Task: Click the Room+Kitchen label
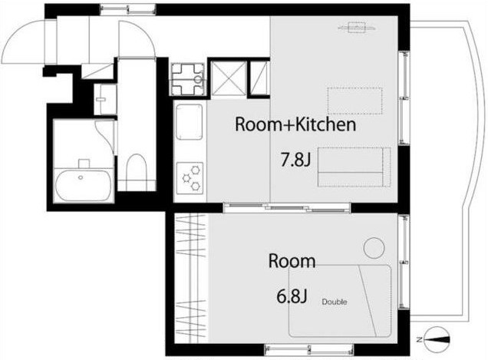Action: click(295, 124)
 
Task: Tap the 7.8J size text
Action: click(295, 160)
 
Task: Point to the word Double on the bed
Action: click(335, 302)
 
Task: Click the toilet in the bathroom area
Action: click(137, 172)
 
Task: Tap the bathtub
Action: click(83, 185)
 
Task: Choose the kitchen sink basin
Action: click(190, 122)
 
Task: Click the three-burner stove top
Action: click(190, 178)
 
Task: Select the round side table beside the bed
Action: click(374, 248)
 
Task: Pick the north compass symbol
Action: click(436, 339)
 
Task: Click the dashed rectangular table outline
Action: click(354, 101)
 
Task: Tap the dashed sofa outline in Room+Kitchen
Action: click(354, 167)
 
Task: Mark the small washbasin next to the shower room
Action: click(105, 99)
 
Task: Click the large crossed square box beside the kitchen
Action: click(229, 78)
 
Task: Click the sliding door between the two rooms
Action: click(287, 207)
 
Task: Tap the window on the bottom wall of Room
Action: click(308, 350)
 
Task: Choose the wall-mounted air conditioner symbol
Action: click(357, 28)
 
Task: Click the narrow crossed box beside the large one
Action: click(259, 78)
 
